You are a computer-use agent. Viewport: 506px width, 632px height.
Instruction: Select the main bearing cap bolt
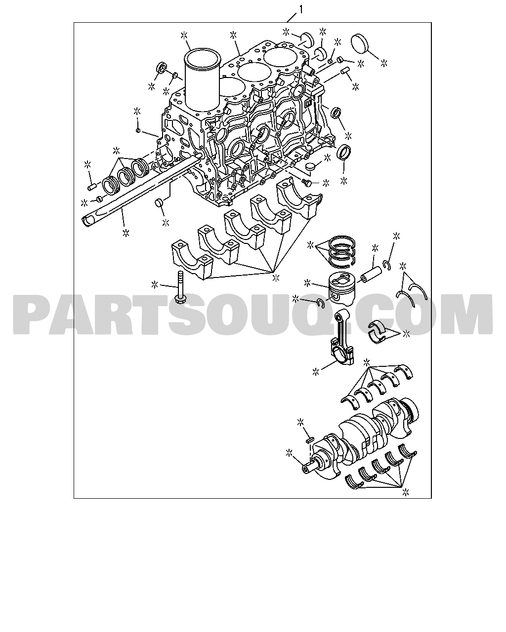tap(180, 288)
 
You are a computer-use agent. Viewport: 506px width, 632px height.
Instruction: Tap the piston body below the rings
tap(342, 287)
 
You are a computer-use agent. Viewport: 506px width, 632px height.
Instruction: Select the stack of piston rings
tap(342, 252)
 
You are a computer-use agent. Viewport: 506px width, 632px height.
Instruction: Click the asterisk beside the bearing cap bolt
tap(154, 284)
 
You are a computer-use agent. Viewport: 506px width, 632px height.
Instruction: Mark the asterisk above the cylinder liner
tap(184, 36)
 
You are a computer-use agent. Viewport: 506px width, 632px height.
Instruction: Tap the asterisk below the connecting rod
tap(316, 372)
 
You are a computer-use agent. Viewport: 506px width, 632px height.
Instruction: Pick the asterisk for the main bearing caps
tap(276, 277)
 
